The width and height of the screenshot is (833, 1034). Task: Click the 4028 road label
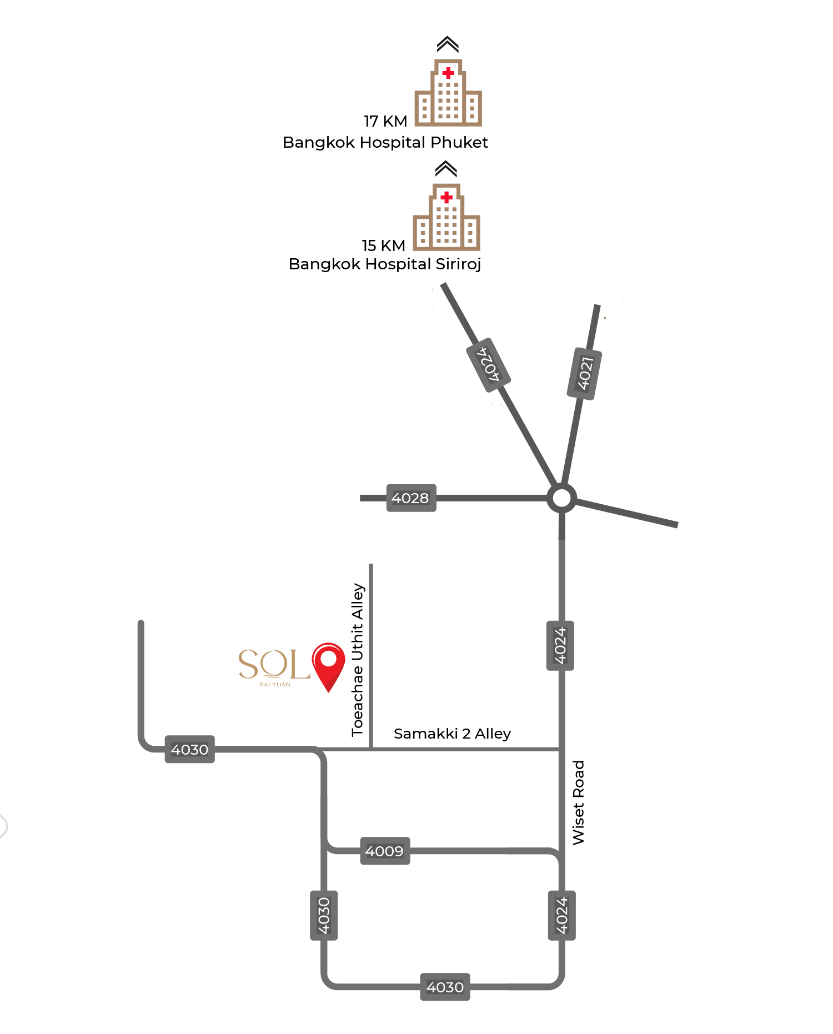click(411, 498)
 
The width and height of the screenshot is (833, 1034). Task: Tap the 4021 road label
click(584, 373)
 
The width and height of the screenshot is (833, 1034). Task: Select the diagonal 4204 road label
click(488, 365)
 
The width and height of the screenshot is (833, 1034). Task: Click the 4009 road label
click(385, 851)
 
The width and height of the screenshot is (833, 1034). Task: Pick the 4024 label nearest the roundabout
click(560, 645)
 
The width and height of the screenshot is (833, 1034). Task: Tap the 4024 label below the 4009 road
click(561, 915)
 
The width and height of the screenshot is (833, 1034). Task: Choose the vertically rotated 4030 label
click(324, 915)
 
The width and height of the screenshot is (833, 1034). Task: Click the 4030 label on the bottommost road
click(445, 987)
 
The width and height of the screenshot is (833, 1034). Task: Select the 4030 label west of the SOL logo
click(189, 749)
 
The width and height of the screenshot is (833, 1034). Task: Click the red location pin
click(328, 664)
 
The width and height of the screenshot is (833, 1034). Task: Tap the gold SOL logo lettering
click(273, 664)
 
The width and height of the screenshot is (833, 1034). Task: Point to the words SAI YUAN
click(274, 685)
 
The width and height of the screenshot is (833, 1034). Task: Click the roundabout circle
click(561, 498)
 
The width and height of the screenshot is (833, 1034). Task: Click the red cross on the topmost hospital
click(448, 73)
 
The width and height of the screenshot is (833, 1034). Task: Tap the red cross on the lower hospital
click(446, 197)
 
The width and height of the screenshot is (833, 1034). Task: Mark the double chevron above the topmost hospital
click(448, 44)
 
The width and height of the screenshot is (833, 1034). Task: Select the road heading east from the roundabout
click(628, 513)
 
